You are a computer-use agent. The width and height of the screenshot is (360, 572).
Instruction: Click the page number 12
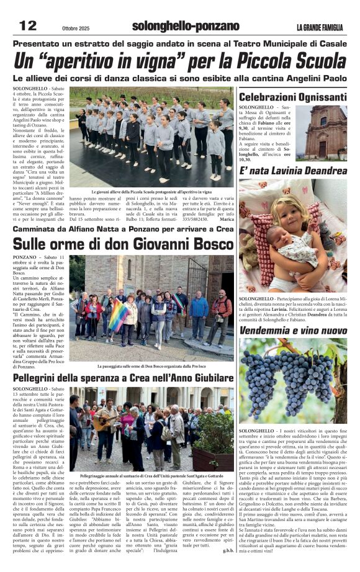coord(28,25)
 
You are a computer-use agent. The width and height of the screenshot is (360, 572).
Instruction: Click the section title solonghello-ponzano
coord(186,26)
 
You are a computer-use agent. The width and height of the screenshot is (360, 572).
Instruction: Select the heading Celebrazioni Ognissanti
coord(292,97)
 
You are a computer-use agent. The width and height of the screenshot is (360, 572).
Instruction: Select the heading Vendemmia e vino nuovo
coord(292,331)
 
